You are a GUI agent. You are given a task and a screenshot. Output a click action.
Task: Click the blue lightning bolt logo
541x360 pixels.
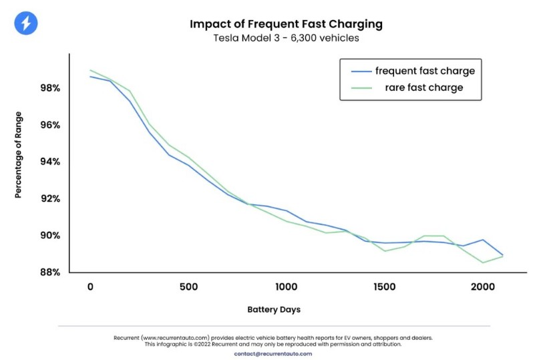[x=26, y=23]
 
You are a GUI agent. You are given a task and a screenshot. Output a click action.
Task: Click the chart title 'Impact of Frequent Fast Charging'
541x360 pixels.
[x=286, y=24]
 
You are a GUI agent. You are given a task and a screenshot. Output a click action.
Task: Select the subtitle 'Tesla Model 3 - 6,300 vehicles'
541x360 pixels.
[x=286, y=37]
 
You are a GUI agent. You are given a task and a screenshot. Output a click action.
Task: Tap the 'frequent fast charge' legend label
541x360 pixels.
[x=425, y=71]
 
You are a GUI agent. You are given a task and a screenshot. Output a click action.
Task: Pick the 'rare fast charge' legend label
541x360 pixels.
[x=424, y=87]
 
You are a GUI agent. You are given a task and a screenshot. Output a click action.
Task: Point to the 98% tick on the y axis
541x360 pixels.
[x=50, y=88]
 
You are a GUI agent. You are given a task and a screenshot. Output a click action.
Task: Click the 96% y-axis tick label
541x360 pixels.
[x=50, y=125]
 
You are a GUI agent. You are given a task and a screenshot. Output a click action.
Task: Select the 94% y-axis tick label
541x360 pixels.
[x=50, y=162]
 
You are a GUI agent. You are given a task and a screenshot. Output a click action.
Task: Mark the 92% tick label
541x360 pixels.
[x=50, y=198]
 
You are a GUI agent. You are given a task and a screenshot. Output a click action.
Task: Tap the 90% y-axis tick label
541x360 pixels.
[x=50, y=235]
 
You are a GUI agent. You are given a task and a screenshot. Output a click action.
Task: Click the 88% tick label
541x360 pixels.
[x=50, y=273]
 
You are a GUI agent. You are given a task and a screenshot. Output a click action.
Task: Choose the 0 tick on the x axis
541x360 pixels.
[x=90, y=287]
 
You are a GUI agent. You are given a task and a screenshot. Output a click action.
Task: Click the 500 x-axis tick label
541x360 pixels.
[x=189, y=287]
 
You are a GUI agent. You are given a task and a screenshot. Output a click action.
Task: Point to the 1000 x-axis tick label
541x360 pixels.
[x=287, y=287]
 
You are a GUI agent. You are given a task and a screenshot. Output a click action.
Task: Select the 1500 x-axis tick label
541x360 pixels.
[x=385, y=287]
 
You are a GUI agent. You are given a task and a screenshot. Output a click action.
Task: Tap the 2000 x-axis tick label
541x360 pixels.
[x=483, y=287]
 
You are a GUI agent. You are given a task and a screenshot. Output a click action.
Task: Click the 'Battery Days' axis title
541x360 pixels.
[x=274, y=310]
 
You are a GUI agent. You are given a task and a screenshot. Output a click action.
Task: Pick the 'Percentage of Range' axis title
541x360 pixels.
[x=18, y=155]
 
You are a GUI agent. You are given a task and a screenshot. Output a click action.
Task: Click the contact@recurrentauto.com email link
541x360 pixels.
[x=273, y=354]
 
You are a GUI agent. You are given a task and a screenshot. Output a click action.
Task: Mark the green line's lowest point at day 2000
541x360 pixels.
[x=483, y=262]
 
